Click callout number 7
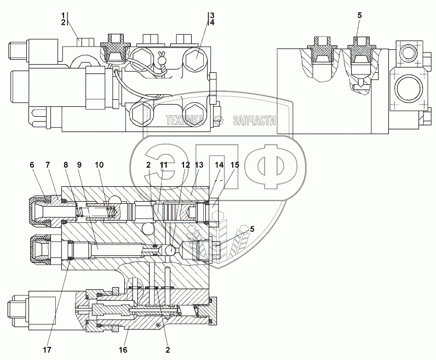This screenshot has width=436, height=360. (x=48, y=164)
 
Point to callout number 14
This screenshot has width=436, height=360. (x=219, y=164)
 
